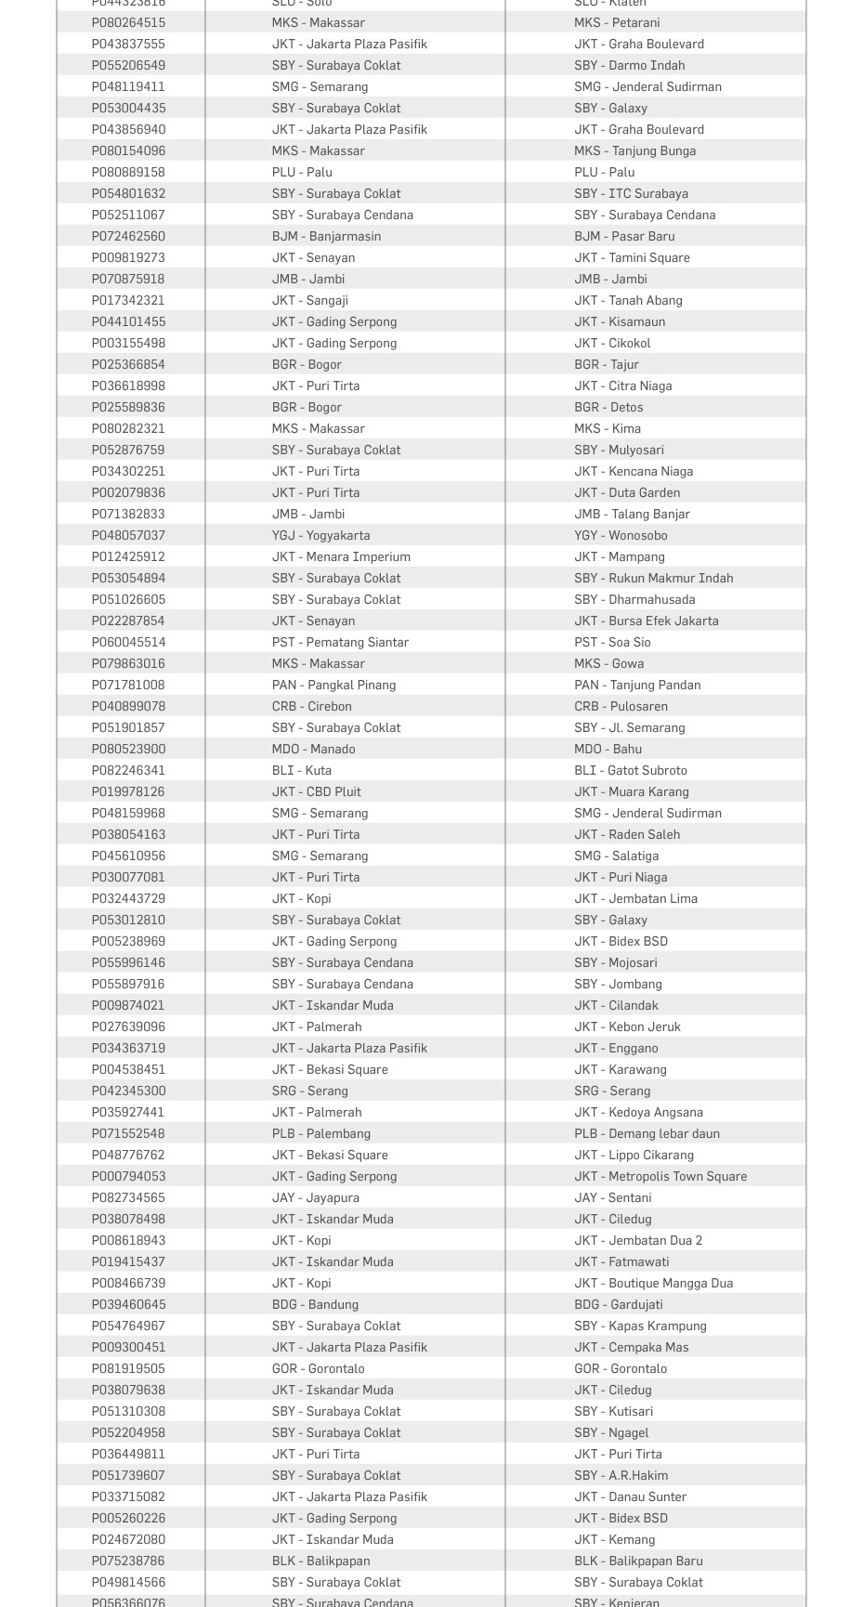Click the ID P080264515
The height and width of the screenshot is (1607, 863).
coord(128,22)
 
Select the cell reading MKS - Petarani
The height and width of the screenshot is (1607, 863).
coord(617,22)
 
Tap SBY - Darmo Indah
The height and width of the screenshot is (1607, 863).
coord(629,65)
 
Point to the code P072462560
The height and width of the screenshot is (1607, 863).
coord(128,236)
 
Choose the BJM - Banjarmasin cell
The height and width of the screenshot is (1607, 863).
coord(326,236)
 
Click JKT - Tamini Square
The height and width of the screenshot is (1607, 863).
coord(632,257)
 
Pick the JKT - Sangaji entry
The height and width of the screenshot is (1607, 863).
coord(310,300)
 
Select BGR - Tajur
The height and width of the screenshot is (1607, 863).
coord(607,364)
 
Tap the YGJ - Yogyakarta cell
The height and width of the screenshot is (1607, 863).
coord(320,535)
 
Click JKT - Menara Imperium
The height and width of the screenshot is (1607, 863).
coord(341,556)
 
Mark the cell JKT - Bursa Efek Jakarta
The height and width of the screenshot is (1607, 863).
coord(646,621)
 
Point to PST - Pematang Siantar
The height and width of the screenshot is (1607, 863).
coord(340,642)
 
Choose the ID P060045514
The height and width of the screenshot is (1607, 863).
coord(128,642)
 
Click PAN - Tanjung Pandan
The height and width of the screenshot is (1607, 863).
coord(637,685)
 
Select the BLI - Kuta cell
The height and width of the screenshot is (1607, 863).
coord(302,770)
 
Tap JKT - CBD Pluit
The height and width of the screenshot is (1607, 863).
coord(317,791)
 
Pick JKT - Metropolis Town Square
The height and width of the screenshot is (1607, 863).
coord(660,1176)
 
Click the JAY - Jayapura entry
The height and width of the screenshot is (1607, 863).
coord(316,1197)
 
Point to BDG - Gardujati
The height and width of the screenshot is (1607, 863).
coord(619,1304)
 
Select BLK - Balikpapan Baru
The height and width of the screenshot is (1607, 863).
coord(638,1561)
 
